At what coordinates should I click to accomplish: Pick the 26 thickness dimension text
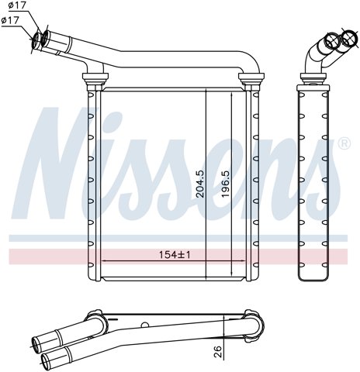[x=218, y=351]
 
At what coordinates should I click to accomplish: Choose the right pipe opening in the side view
[x=347, y=38]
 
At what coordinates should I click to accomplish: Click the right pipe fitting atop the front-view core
[x=251, y=77]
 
